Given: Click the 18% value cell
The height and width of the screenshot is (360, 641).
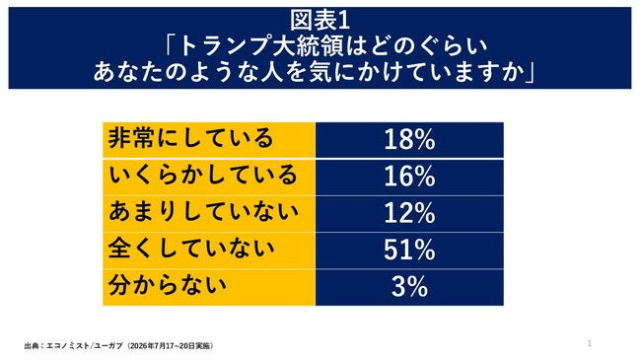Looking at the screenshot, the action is click(409, 140).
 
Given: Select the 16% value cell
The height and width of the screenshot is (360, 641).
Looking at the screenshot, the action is click(409, 178).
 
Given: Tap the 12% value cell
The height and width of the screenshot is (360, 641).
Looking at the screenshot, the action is click(409, 214).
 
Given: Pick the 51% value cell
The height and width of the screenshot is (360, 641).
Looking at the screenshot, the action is click(409, 251).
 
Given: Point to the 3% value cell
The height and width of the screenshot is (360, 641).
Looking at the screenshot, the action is click(409, 287).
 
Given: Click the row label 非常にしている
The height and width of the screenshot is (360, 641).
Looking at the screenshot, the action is click(190, 138).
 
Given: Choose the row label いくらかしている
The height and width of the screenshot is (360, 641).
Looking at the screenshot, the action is click(203, 175).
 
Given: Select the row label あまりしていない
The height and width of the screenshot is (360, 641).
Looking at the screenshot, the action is click(203, 211).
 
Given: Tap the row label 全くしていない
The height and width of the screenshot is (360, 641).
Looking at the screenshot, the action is click(191, 249).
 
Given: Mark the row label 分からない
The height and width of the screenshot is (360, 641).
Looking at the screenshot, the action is click(168, 285).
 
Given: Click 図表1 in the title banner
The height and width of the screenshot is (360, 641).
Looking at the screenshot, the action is click(320, 21).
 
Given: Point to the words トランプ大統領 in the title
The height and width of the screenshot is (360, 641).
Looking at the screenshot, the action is click(261, 45).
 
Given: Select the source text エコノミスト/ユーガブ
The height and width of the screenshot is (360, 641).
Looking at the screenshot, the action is click(85, 345).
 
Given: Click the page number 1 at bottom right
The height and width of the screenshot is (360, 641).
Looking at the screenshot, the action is click(590, 343).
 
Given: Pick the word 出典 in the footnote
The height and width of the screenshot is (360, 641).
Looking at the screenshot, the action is click(32, 345).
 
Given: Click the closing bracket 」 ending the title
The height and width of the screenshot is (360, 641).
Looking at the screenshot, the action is click(531, 71).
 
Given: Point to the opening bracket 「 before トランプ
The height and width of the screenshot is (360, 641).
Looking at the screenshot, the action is click(171, 45).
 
